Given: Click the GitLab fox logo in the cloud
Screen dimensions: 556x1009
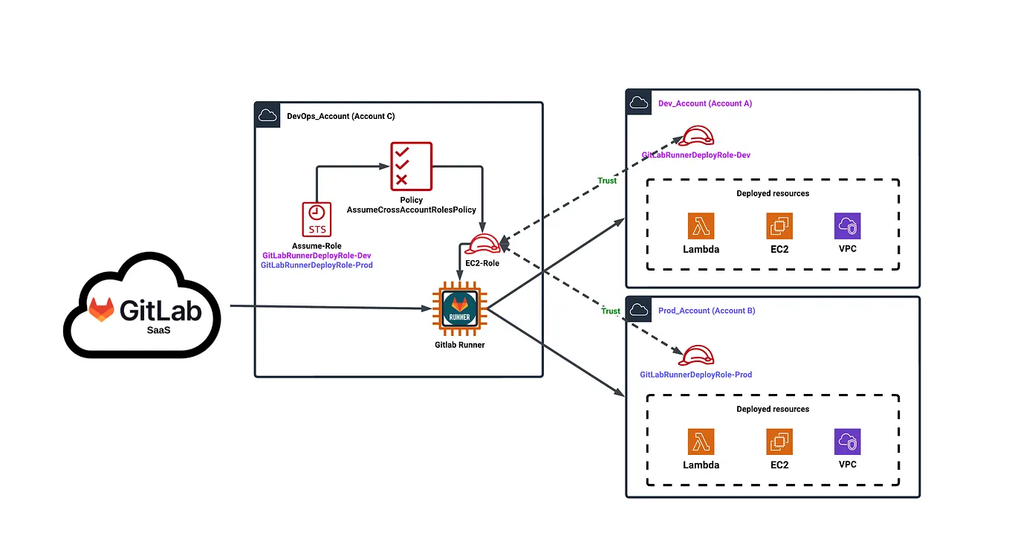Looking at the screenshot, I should pos(102,309).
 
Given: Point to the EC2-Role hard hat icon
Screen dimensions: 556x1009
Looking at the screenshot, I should pos(482,245).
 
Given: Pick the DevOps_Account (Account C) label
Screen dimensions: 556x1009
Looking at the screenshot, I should pos(340,116).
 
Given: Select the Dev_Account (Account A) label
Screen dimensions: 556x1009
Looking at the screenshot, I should pos(705,103).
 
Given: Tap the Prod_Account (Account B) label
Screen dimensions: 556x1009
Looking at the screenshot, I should pos(707,310).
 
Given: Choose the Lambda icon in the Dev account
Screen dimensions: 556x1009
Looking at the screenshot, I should pos(701,226).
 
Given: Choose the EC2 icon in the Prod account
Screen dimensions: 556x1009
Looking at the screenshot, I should pos(779,442).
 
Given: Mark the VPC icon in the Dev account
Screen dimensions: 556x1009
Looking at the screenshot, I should pos(847,226).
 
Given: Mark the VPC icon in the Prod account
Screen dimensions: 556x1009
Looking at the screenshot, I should pos(847,442).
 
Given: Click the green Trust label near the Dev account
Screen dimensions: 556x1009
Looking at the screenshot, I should pos(607,181).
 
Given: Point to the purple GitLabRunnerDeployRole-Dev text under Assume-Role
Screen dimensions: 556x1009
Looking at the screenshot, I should pos(317,255).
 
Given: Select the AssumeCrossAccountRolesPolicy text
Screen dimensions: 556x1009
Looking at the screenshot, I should pos(411,210).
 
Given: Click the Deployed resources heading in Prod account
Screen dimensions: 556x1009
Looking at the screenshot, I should pos(773,409).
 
